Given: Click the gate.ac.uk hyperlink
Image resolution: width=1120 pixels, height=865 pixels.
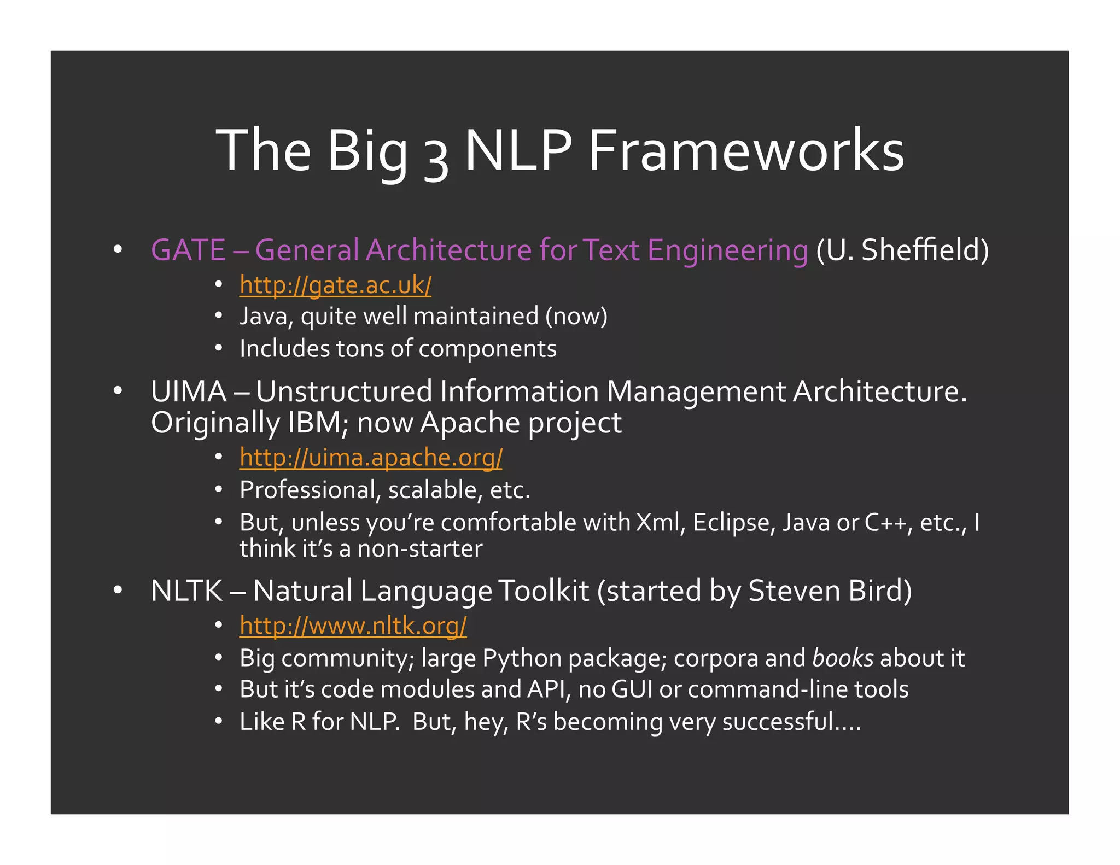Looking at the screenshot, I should (x=335, y=285).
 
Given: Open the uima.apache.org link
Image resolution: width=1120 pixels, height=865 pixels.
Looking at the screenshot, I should (x=371, y=458).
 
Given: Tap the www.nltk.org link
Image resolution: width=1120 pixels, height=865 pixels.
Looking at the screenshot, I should (x=353, y=626).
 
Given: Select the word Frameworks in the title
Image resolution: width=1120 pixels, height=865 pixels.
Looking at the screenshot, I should (x=746, y=150).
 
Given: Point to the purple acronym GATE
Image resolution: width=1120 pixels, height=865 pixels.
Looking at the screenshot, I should (x=188, y=250).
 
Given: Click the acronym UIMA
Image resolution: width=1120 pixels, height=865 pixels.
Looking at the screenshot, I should (x=189, y=391).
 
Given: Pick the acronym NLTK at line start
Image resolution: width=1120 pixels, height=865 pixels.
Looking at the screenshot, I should (x=186, y=591).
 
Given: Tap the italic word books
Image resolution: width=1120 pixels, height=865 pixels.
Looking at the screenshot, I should (x=843, y=658).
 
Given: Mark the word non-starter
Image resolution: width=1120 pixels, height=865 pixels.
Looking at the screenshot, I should (x=420, y=548).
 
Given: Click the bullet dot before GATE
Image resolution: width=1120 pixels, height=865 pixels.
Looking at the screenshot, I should (x=118, y=250).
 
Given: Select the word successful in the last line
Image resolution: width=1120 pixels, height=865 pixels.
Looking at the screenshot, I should (x=777, y=722).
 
